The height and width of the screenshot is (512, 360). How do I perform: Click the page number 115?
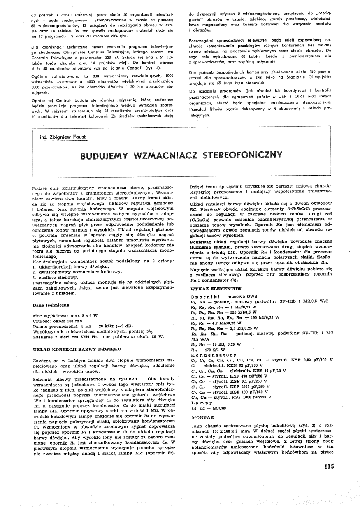pos(328,466)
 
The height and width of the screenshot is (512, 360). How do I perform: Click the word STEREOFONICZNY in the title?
pos(242,156)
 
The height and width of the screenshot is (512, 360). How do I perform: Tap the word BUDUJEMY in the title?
pos(105,156)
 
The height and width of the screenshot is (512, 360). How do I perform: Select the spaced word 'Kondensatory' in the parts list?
pos(214,354)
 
